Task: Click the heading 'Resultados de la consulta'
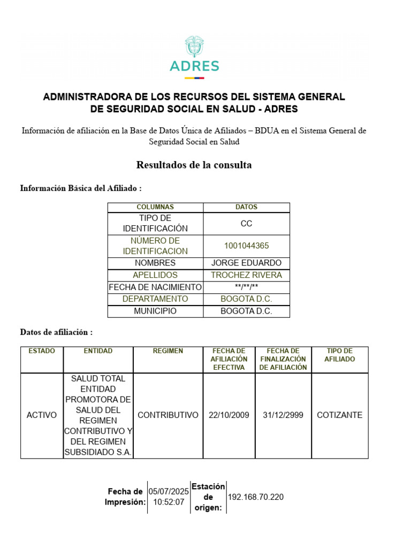click(194, 165)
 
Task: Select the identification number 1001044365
click(246, 246)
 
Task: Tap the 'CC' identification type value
click(246, 224)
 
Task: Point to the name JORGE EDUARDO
click(246, 263)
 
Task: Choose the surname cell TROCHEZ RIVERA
click(246, 275)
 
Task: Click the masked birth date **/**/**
click(246, 287)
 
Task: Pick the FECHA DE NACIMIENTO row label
click(155, 287)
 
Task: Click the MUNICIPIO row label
click(155, 311)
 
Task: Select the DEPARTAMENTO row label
click(155, 299)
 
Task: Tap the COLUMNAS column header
click(155, 207)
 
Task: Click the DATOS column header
click(246, 207)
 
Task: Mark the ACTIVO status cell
click(42, 415)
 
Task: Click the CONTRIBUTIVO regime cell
click(168, 415)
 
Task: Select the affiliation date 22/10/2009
click(229, 415)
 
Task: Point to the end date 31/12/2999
click(283, 415)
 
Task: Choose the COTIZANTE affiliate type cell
click(340, 415)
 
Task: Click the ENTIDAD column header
click(98, 351)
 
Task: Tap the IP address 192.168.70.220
click(256, 497)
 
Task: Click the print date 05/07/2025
click(169, 491)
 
